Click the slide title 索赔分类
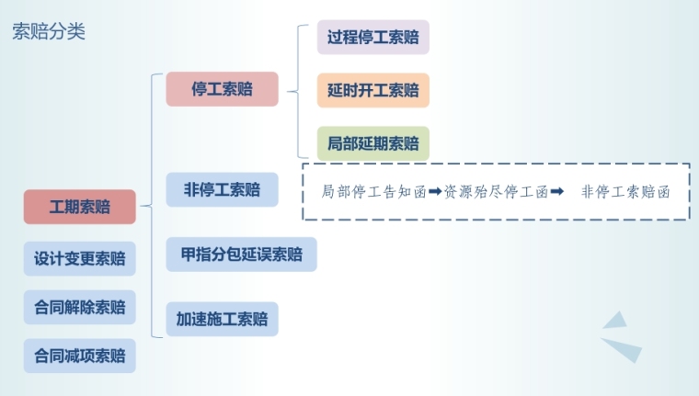pyautogui.click(x=49, y=32)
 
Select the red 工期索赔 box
pyautogui.click(x=80, y=207)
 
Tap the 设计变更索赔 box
pyautogui.click(x=80, y=258)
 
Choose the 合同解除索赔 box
pyautogui.click(x=80, y=307)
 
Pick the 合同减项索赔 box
pyautogui.click(x=80, y=356)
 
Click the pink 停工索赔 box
pyautogui.click(x=222, y=89)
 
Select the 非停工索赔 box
pyautogui.click(x=222, y=190)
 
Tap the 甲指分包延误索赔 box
pyautogui.click(x=241, y=255)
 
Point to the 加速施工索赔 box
pyautogui.click(x=222, y=320)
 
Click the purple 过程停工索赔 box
pyautogui.click(x=372, y=38)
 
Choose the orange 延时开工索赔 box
pyautogui.click(x=372, y=91)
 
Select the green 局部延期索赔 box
pyautogui.click(x=372, y=143)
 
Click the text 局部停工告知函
pyautogui.click(x=374, y=192)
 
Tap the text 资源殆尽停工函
pyautogui.click(x=496, y=192)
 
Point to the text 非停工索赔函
pyautogui.click(x=625, y=192)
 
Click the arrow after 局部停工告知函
pyautogui.click(x=436, y=192)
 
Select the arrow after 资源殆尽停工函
pyautogui.click(x=556, y=192)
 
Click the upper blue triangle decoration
pyautogui.click(x=615, y=321)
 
